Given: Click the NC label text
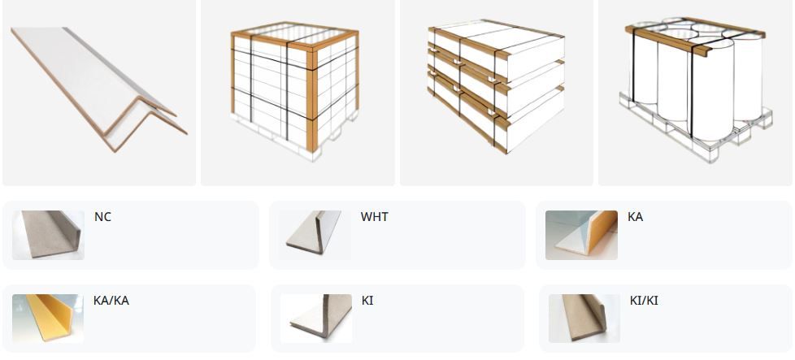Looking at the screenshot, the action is pyautogui.click(x=102, y=217).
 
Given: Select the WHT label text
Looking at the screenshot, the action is pyautogui.click(x=374, y=217).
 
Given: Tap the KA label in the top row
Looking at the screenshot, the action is pyautogui.click(x=635, y=217).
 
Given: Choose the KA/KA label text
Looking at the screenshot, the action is pyautogui.click(x=111, y=301).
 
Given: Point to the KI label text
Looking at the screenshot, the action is pyautogui.click(x=367, y=301).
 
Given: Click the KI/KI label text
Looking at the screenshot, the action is pyautogui.click(x=644, y=301).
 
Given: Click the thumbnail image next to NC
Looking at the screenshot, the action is pyautogui.click(x=48, y=236).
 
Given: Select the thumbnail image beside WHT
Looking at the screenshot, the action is pyautogui.click(x=315, y=236).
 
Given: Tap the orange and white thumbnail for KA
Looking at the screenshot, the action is pyautogui.click(x=581, y=236).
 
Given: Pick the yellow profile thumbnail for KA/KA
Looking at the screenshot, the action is pyautogui.click(x=48, y=319).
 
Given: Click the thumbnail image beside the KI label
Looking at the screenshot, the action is pyautogui.click(x=316, y=319).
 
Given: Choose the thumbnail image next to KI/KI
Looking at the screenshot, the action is pyautogui.click(x=584, y=319).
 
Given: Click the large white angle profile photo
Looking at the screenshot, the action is pyautogui.click(x=99, y=89).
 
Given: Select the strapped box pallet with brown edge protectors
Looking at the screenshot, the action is pyautogui.click(x=294, y=91).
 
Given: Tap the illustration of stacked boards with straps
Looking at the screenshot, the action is pyautogui.click(x=496, y=86).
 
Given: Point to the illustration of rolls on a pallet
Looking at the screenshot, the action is pyautogui.click(x=696, y=90).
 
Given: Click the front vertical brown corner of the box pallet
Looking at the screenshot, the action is pyautogui.click(x=312, y=99).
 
